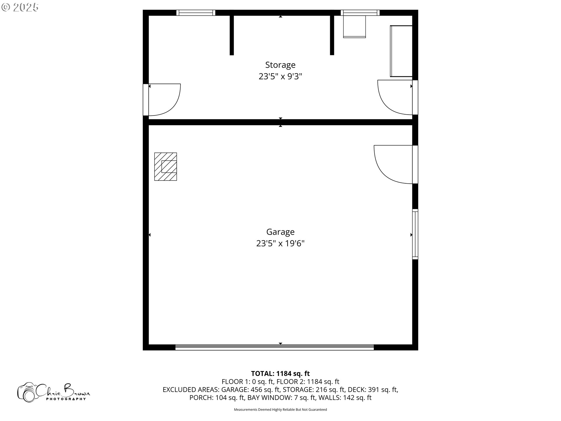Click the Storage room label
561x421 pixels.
pyautogui.click(x=280, y=65)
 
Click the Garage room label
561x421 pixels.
pyautogui.click(x=280, y=232)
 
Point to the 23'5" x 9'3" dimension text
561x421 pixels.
pyautogui.click(x=280, y=76)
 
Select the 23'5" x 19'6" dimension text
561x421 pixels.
pyautogui.click(x=280, y=243)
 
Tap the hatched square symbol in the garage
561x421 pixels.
pyautogui.click(x=165, y=166)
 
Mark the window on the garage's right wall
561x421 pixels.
pyautogui.click(x=415, y=234)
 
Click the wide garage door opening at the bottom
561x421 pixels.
pyautogui.click(x=274, y=347)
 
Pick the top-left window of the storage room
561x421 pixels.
pyautogui.click(x=196, y=13)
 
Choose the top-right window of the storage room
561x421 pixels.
pyautogui.click(x=360, y=13)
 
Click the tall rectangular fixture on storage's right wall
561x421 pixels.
pyautogui.click(x=401, y=51)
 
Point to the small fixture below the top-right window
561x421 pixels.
pyautogui.click(x=354, y=27)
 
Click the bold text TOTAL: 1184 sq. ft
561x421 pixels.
pyautogui.click(x=280, y=373)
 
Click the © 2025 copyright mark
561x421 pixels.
pyautogui.click(x=20, y=7)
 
